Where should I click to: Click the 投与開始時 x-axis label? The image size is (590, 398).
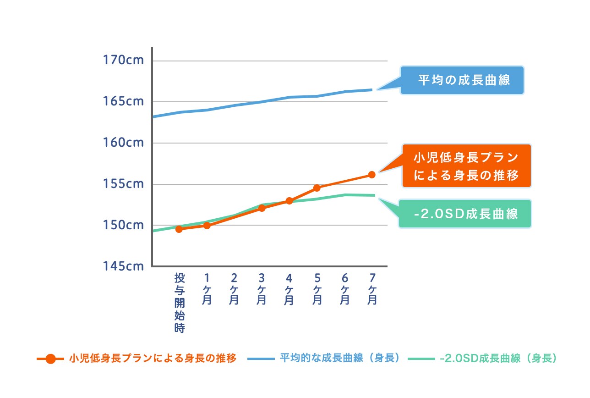coord(180,303)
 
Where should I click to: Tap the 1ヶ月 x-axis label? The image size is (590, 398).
coord(207,289)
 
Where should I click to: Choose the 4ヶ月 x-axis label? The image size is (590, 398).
coord(289,289)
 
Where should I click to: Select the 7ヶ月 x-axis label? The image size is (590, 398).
coord(372,289)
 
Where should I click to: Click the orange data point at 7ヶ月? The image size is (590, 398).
coord(371,175)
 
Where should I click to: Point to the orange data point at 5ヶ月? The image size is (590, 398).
coord(317,188)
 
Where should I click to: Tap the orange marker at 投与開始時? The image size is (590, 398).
coord(179,229)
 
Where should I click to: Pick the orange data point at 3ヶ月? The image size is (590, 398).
coord(262,208)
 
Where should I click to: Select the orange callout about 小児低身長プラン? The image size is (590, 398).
coord(466,166)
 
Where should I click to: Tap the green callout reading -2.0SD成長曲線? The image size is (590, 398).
coord(465,214)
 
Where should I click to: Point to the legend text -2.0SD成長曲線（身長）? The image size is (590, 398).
coord(498,358)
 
